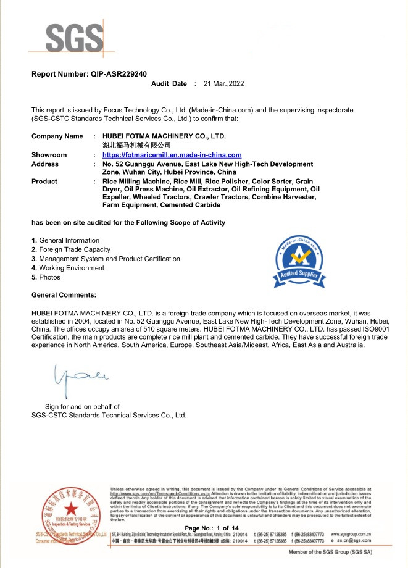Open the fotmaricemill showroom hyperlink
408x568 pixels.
click(x=172, y=155)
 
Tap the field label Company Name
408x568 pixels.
click(x=57, y=136)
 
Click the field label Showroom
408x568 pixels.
click(x=49, y=155)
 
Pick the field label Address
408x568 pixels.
click(x=45, y=164)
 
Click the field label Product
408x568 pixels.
click(x=44, y=182)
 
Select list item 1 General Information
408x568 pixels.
click(x=65, y=240)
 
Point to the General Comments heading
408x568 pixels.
click(x=64, y=295)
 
